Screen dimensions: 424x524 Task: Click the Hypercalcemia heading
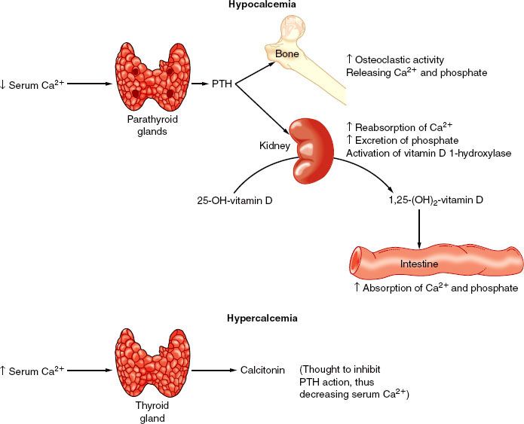(x=262, y=319)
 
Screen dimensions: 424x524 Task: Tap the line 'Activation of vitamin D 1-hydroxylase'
(x=428, y=154)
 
